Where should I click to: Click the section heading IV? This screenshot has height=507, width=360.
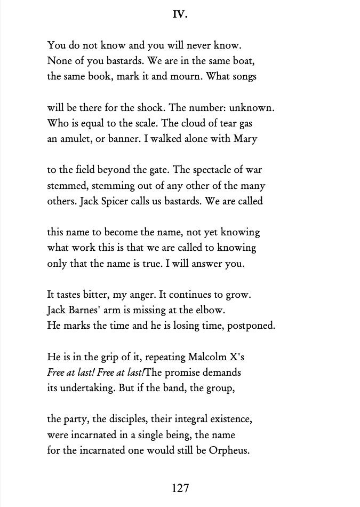180,15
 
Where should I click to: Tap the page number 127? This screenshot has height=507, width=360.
180,488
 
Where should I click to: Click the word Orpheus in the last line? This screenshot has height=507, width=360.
230,450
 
